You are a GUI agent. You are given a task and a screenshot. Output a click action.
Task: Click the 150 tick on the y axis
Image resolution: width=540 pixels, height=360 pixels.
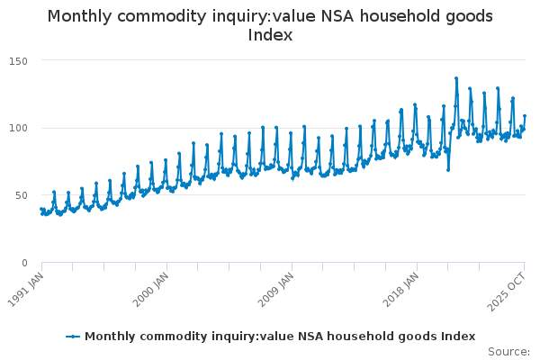pos(19,60)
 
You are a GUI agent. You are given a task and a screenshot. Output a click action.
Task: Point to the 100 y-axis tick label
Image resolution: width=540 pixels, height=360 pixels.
pos(19,128)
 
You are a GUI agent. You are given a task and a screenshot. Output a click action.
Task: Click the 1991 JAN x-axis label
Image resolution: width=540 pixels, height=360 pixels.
pos(29,287)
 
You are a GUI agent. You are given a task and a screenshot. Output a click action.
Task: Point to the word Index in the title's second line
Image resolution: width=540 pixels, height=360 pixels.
pos(270,36)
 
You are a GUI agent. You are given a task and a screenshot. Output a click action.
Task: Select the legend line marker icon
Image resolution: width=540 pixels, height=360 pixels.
pos(74,337)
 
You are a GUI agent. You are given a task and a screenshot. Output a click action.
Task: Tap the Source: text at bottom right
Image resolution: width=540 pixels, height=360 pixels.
pos(509,352)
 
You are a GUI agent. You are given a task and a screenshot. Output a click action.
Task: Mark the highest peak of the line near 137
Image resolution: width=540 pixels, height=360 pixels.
pos(456,78)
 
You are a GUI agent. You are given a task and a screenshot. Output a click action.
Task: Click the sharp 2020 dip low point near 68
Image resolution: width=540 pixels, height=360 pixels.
pos(447,170)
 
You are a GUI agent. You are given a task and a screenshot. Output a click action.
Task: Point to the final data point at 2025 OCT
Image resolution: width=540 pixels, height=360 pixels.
pos(525,116)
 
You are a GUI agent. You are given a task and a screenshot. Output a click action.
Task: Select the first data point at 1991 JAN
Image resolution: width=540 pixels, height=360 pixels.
pos(40,210)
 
